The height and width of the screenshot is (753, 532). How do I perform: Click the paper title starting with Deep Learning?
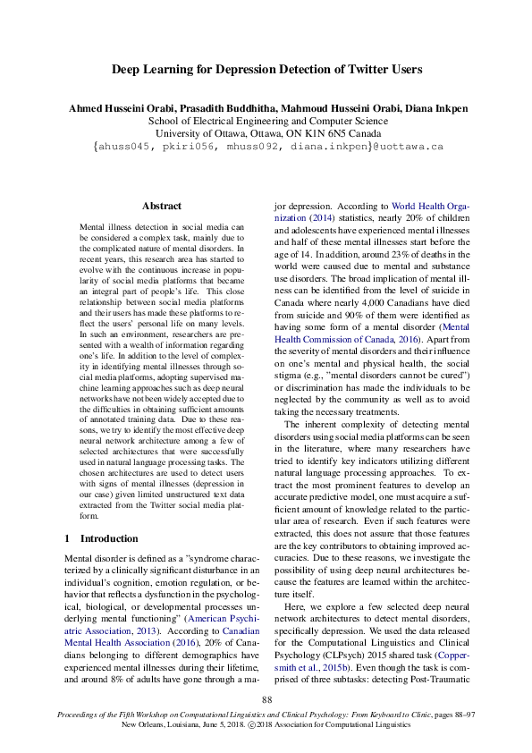coord(266,69)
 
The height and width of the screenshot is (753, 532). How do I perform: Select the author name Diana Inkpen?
coord(432,108)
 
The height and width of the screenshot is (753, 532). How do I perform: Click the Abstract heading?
coord(161,206)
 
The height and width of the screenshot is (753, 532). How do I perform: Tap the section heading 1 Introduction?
coord(101,538)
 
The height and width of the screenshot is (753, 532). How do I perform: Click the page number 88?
coord(266,699)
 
